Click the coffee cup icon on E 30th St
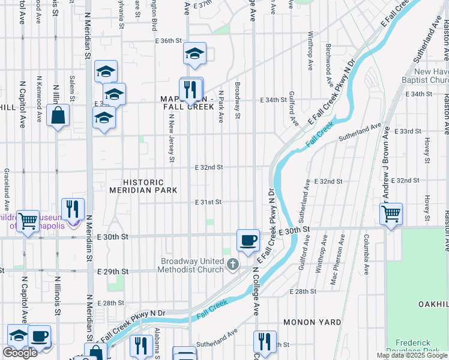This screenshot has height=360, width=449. (248, 241)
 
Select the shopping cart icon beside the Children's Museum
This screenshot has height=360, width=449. (28, 221)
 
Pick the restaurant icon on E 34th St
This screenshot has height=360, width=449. (191, 89)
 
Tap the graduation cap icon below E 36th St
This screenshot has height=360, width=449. (194, 53)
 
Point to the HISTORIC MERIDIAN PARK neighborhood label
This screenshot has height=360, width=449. (143, 186)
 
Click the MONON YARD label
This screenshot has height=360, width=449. (312, 322)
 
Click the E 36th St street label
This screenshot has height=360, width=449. (167, 41)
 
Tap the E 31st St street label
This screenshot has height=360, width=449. (208, 203)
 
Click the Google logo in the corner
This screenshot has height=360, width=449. (20, 353)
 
